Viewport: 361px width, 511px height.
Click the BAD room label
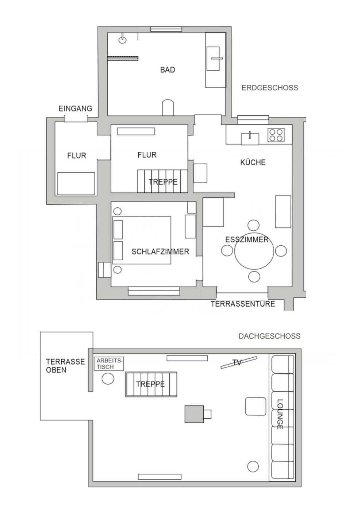click(x=168, y=70)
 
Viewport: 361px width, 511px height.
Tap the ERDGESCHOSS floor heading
click(x=270, y=88)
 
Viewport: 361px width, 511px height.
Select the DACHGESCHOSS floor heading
click(x=269, y=336)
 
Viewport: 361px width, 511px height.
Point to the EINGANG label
click(x=75, y=108)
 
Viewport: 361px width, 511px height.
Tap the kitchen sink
click(x=250, y=139)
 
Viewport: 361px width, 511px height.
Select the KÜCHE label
click(x=253, y=162)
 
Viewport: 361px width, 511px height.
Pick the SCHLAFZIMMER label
click(x=160, y=251)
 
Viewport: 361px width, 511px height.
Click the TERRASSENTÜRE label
click(x=243, y=304)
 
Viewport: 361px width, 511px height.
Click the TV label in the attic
click(x=237, y=362)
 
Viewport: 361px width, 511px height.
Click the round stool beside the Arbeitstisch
click(x=108, y=379)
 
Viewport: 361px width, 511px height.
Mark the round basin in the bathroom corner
click(x=123, y=40)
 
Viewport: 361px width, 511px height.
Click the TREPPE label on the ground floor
click(x=163, y=182)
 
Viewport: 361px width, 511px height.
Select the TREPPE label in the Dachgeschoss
click(x=150, y=384)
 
